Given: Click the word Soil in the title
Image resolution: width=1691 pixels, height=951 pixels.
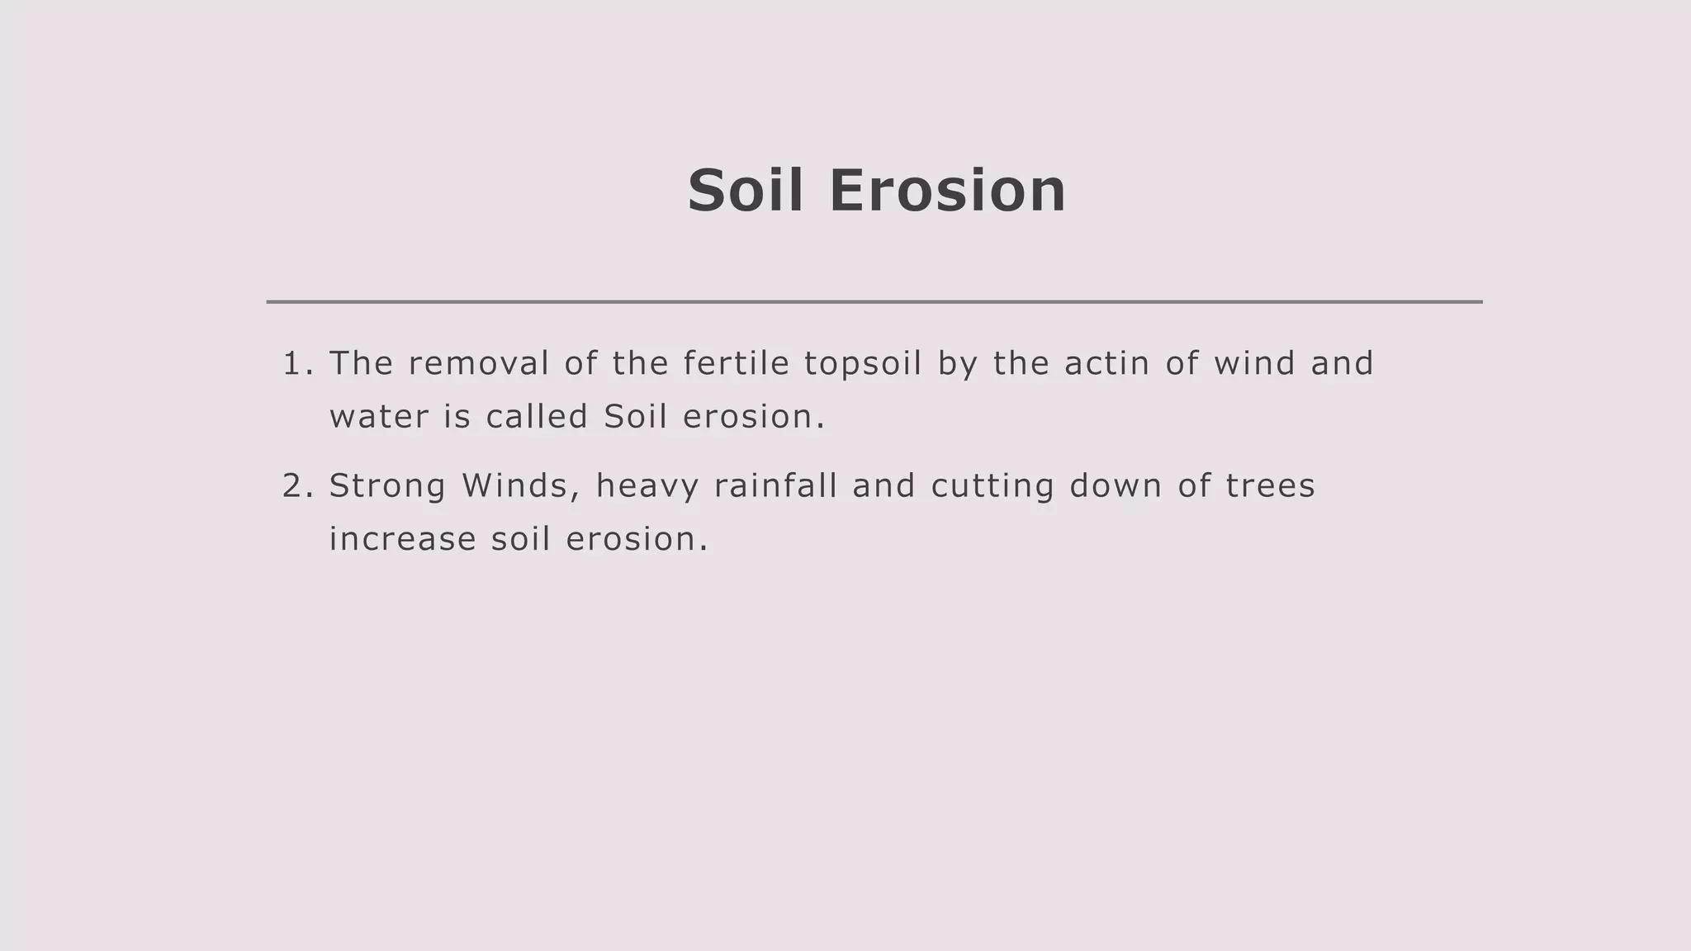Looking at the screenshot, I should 745,191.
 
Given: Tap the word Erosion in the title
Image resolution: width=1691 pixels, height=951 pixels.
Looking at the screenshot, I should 947,191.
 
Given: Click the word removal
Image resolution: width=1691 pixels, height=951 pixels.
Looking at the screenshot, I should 478,364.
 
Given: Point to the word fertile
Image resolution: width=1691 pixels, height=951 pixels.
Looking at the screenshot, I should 736,364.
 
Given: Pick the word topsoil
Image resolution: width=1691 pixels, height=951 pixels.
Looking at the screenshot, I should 862,364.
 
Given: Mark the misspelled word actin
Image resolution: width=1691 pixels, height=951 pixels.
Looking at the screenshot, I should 1106,364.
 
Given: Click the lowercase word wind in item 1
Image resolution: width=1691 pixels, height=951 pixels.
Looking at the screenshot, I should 1254,364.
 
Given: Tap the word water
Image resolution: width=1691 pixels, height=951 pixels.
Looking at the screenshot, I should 379,417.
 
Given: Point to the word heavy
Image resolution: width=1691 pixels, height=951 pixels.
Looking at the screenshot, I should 647,486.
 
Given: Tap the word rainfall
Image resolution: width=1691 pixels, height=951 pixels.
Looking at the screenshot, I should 775,486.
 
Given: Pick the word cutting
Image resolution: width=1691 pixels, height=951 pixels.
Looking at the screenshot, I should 992,486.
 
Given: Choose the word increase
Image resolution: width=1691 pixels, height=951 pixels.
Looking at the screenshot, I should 402,540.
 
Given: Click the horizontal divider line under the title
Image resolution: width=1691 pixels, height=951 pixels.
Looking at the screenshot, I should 874,302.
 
